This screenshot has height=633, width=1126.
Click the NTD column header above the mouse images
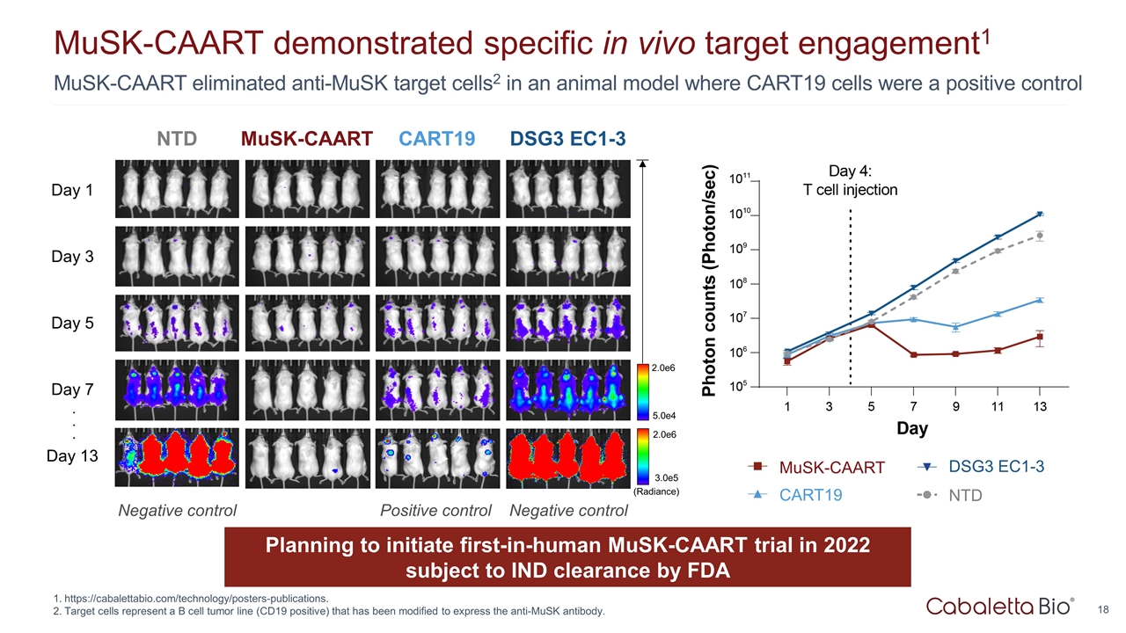(177, 138)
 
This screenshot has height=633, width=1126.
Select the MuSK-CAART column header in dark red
(307, 138)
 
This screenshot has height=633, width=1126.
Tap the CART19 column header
(436, 138)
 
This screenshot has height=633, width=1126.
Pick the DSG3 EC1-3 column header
(567, 138)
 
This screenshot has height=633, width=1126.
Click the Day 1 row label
(72, 190)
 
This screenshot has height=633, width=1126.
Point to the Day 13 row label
(72, 455)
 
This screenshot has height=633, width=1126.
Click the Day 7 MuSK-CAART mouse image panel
(308, 389)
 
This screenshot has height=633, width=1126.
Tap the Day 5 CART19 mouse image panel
(438, 322)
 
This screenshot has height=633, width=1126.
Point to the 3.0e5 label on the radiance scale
(662, 477)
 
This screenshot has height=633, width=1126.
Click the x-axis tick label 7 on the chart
(913, 406)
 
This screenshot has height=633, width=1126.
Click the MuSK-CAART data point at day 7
(914, 355)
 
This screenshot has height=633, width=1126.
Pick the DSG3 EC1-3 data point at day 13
(1040, 214)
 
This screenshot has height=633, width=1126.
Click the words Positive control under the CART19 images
(435, 511)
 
